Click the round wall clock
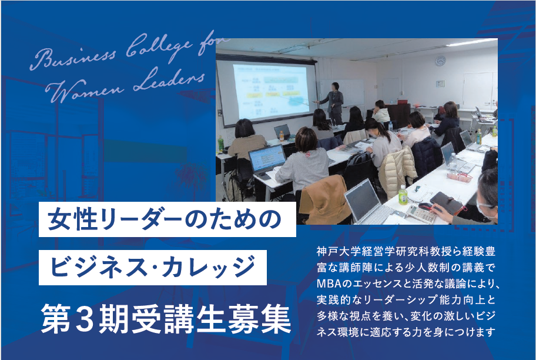coord(440,61)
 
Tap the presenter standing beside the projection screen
coord(333,103)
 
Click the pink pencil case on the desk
coord(460,177)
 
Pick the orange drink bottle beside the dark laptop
coord(282,136)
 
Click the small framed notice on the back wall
coord(440,83)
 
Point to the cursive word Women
coord(85,91)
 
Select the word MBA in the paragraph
coord(329,284)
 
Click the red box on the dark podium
coord(403,102)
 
